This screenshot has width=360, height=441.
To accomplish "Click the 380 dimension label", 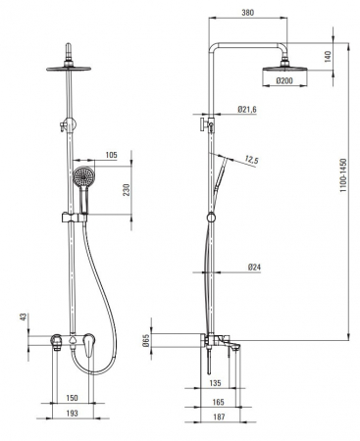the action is [247, 13].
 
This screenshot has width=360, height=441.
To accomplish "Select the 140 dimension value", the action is [329, 57].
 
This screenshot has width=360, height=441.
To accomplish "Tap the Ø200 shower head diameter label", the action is [284, 80].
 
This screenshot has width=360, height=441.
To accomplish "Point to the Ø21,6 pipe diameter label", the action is [247, 109].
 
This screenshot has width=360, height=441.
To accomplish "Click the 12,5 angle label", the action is [251, 160].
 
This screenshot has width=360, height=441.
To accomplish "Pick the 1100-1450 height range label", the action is [343, 174].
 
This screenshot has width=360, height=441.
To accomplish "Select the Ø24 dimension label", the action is [254, 268].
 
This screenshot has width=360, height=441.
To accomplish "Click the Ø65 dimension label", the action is [146, 340].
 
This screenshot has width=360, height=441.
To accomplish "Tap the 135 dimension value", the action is [215, 383].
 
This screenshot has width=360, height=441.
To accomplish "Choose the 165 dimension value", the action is [218, 402].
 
